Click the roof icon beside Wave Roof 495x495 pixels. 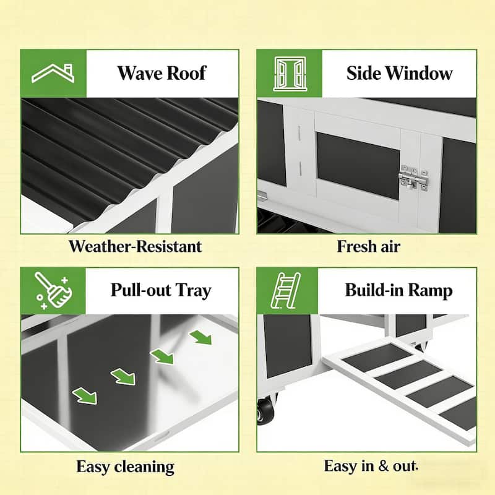pos(53,74)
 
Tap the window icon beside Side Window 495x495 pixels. pos(289,74)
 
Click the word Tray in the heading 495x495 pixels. pos(193,290)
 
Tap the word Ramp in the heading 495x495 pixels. pos(431,290)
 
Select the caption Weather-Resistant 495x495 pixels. pos(135,246)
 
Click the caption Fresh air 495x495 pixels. pos(368,246)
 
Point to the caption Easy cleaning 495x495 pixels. pos(125,467)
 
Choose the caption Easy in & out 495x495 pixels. pos(371,466)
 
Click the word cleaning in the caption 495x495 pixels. pos(143,467)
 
